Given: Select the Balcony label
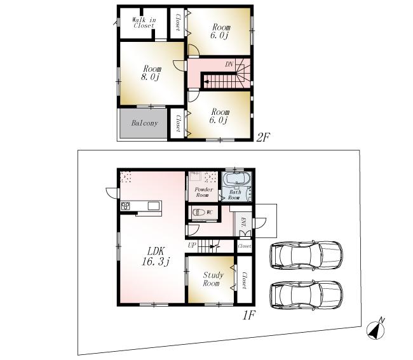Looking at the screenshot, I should (144, 123).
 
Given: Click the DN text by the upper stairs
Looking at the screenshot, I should (229, 65).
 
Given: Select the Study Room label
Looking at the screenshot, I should (212, 279).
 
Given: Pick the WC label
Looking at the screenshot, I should (208, 213).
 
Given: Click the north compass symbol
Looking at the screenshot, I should (376, 329).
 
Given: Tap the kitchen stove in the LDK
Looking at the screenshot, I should (125, 206).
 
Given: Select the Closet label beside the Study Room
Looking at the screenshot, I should (243, 279).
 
